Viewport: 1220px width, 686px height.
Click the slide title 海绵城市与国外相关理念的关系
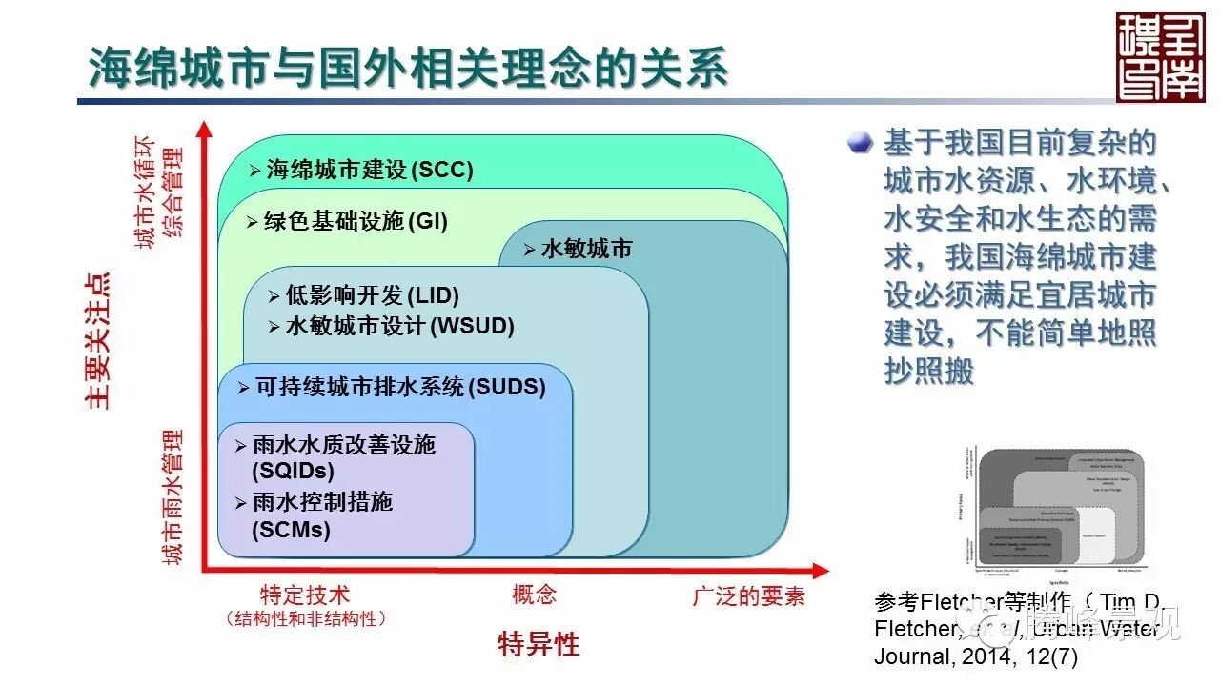[x=409, y=69]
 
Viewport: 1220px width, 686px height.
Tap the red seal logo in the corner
[x=1159, y=57]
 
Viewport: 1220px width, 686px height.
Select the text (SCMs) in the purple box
[x=291, y=530]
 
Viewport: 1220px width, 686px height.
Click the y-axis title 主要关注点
[x=97, y=340]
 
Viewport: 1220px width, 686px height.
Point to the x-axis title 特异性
[x=539, y=644]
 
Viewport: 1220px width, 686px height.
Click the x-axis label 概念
[x=535, y=595]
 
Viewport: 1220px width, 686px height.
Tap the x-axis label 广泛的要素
[x=748, y=596]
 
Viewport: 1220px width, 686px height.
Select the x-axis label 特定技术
[x=306, y=596]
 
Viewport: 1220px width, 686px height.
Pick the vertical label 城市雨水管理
[x=173, y=496]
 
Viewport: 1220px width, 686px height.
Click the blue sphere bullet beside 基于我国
[x=862, y=142]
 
